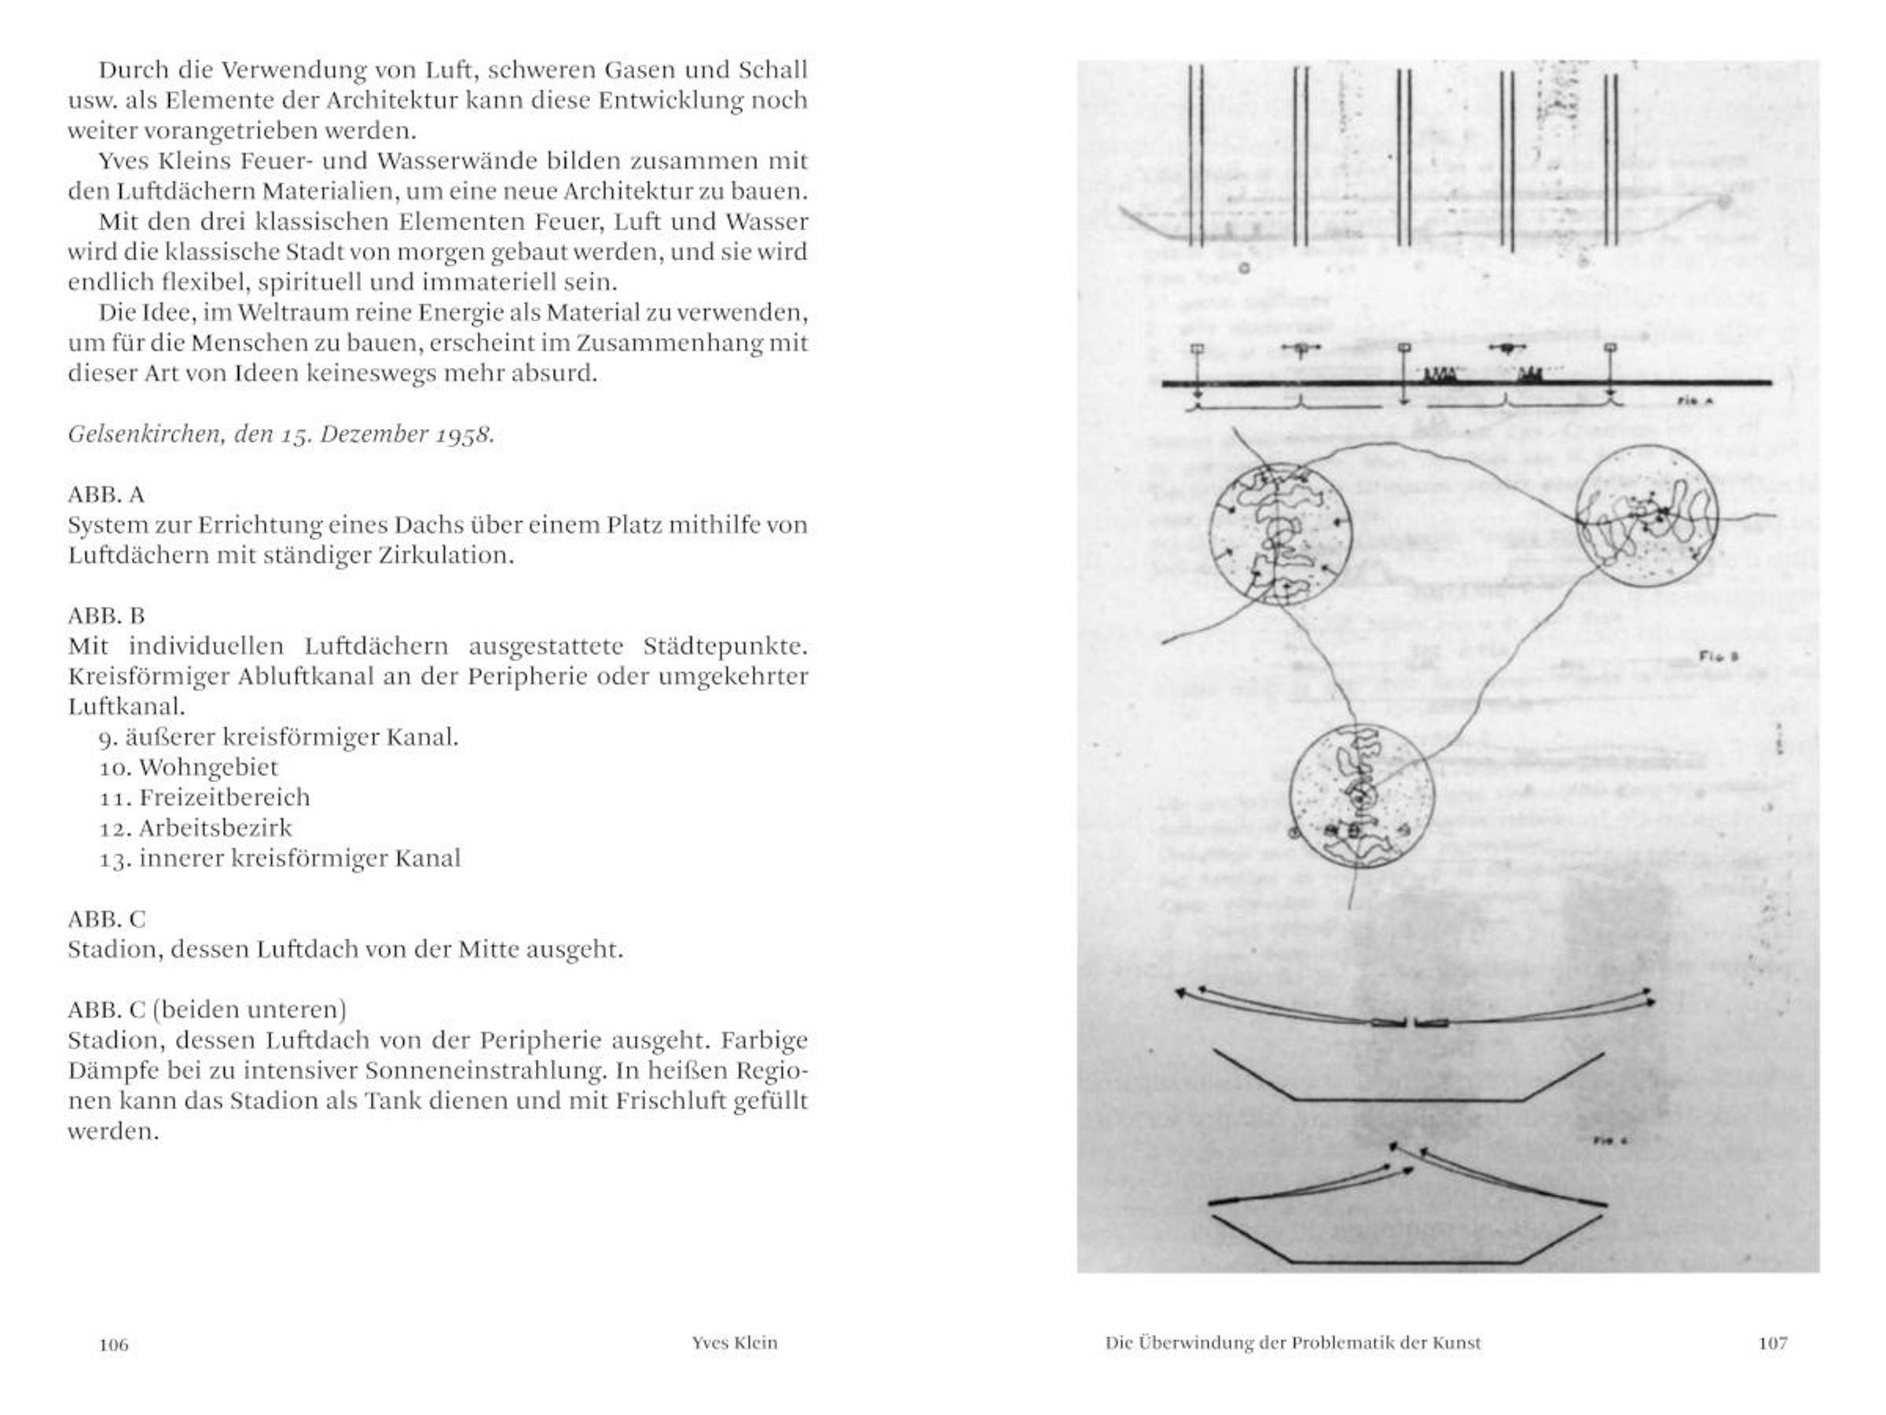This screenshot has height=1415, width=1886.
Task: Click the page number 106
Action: (113, 1345)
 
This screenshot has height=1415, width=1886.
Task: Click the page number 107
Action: (1773, 1343)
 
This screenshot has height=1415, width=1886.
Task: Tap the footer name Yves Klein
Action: (734, 1343)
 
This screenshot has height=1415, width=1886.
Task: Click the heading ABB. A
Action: (107, 494)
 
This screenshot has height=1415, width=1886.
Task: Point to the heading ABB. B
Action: (107, 616)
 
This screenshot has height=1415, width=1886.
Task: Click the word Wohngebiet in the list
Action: (208, 767)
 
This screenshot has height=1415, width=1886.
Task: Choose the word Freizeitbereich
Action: (224, 797)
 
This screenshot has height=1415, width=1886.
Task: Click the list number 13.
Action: (114, 859)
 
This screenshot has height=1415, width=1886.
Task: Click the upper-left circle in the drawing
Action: (1280, 535)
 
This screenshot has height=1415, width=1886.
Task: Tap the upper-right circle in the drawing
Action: (1646, 517)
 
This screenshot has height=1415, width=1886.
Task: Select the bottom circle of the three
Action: (1361, 796)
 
